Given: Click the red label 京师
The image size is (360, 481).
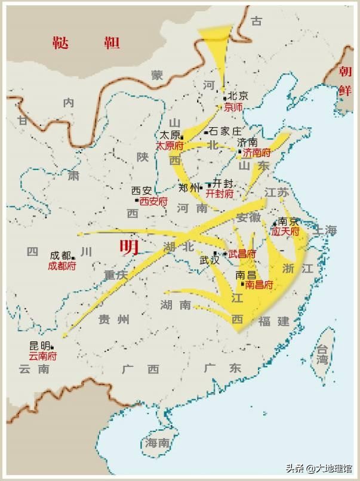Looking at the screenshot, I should [233, 107].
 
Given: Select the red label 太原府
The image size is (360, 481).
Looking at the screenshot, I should [170, 146].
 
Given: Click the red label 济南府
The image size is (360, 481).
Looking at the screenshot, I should [257, 153].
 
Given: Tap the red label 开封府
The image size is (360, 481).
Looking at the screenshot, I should [219, 194].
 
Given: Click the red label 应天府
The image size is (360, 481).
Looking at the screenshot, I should [285, 230].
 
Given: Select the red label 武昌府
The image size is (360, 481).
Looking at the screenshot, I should [242, 254].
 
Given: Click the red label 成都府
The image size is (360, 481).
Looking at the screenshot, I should [62, 266].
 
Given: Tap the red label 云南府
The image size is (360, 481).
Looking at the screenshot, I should [44, 356].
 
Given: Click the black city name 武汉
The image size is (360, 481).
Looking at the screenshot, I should [210, 260].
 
